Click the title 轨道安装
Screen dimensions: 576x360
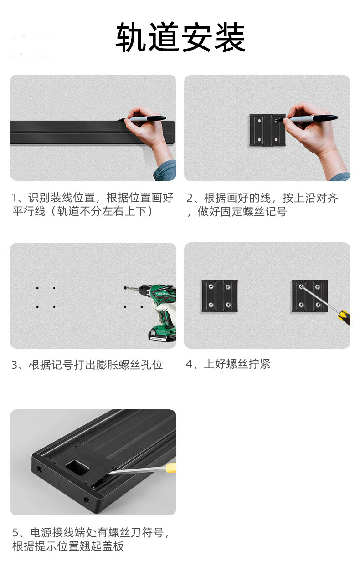point(180,38)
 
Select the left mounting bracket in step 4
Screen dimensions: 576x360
point(220,296)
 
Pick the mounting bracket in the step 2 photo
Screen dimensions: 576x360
point(267,130)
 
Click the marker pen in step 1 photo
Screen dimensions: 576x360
point(144,119)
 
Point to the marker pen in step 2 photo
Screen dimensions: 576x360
point(312,118)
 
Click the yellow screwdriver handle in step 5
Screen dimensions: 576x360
point(170,468)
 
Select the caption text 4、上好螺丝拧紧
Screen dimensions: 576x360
point(228,364)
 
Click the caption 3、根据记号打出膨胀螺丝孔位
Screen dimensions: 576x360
point(87,365)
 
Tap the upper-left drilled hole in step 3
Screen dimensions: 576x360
point(37,288)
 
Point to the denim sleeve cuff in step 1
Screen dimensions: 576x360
point(165,171)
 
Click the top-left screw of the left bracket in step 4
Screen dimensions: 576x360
point(211,287)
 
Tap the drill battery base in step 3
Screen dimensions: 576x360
point(162,334)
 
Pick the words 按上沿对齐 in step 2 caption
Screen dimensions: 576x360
point(310,198)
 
